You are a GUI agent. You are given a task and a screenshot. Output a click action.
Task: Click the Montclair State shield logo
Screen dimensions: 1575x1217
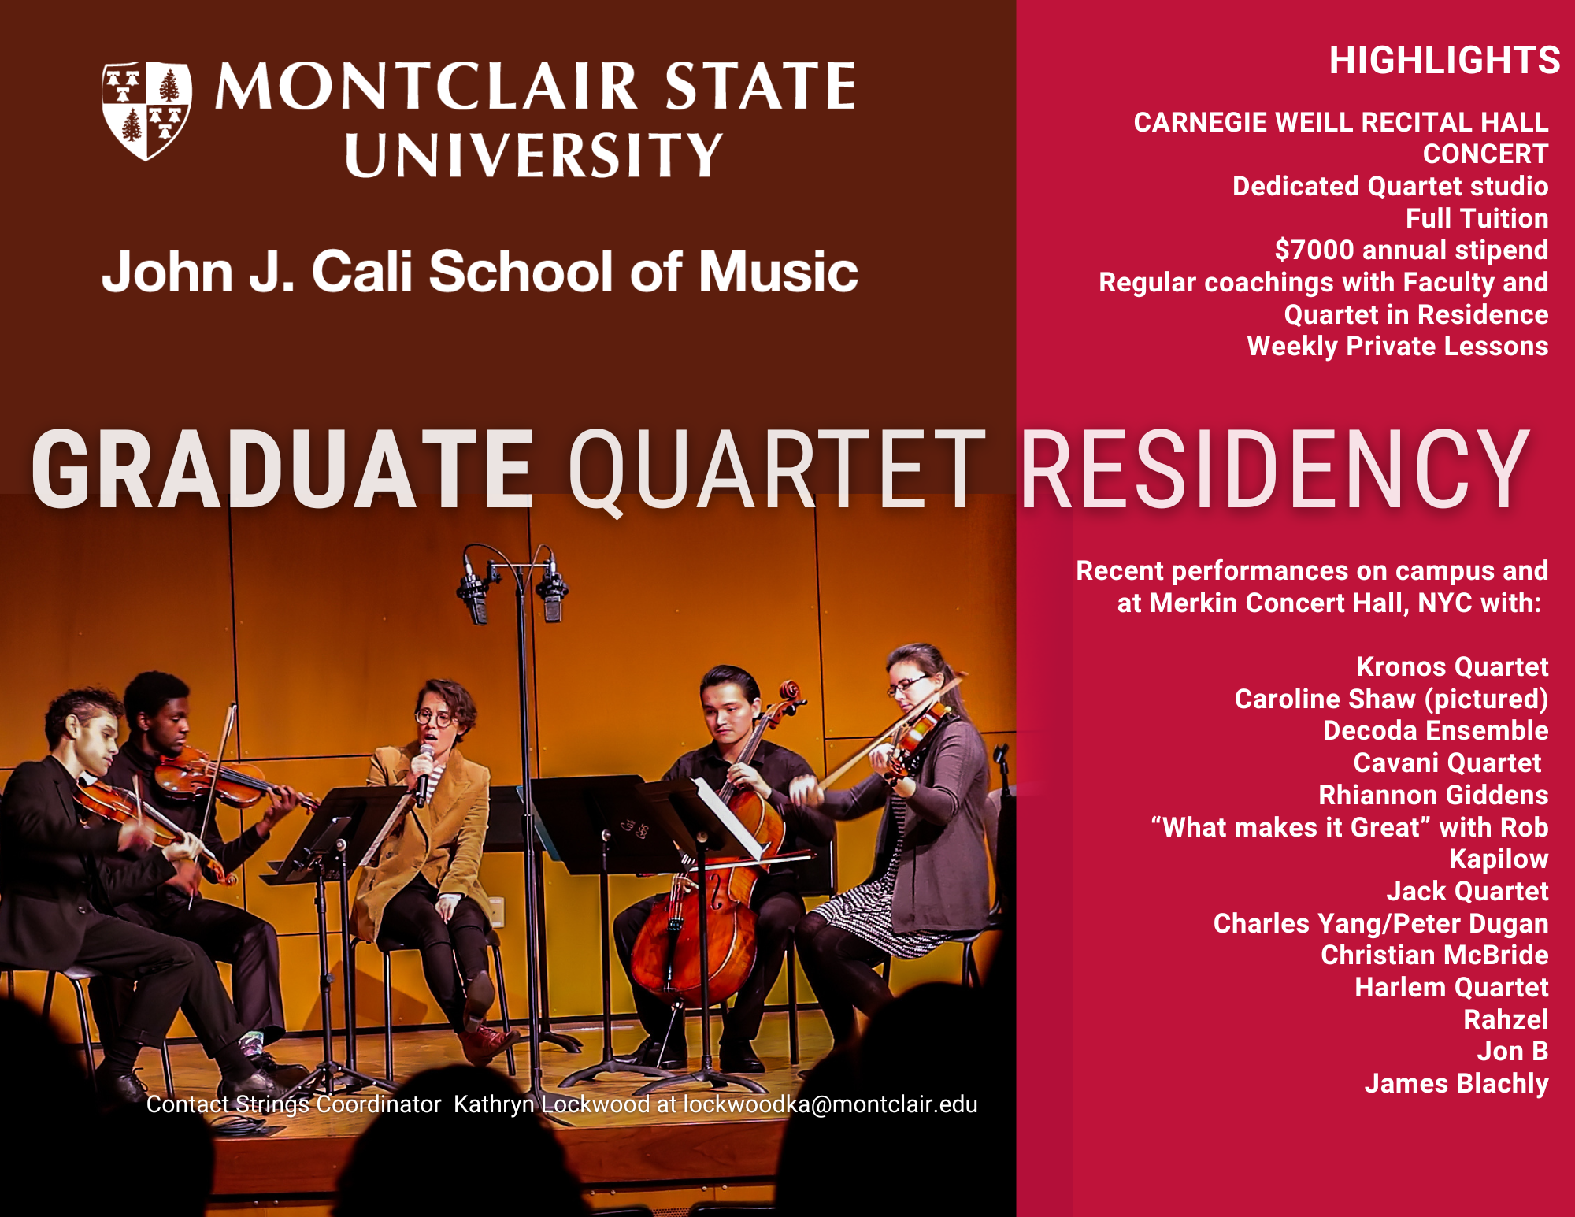pyautogui.click(x=146, y=110)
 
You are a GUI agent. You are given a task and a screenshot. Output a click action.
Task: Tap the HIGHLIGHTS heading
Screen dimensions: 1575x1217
pyautogui.click(x=1444, y=61)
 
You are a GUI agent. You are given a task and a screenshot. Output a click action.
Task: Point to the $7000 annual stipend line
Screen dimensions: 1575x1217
pyautogui.click(x=1411, y=250)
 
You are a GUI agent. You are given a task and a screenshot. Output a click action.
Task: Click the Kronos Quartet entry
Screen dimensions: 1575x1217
pyautogui.click(x=1452, y=666)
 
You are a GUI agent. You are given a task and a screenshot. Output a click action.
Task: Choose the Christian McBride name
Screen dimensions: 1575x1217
pyautogui.click(x=1435, y=955)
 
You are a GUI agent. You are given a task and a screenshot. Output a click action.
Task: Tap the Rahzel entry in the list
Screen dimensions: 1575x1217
pyautogui.click(x=1506, y=1019)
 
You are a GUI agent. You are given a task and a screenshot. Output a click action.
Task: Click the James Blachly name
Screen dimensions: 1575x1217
pyautogui.click(x=1457, y=1083)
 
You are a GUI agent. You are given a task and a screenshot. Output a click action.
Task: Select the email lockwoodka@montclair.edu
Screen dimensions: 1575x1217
pyautogui.click(x=830, y=1104)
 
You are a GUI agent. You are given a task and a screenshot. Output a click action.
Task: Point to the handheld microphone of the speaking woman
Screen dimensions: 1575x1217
pyautogui.click(x=424, y=772)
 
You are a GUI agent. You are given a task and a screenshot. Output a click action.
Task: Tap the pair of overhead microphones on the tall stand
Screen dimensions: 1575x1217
pyautogui.click(x=512, y=587)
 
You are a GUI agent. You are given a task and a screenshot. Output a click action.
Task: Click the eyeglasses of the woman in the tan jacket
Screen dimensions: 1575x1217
pyautogui.click(x=435, y=718)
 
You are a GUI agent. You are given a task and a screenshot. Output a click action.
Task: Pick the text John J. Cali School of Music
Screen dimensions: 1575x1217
pyautogui.click(x=480, y=272)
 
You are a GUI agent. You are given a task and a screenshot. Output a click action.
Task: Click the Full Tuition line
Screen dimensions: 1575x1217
pyautogui.click(x=1477, y=218)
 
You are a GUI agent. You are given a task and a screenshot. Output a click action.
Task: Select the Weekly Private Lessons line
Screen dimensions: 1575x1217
pyautogui.click(x=1398, y=347)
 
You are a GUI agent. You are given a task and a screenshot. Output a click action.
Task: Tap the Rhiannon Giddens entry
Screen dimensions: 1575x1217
pyautogui.click(x=1433, y=795)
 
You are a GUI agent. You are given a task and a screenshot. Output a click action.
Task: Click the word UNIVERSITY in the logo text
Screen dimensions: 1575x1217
pyautogui.click(x=534, y=154)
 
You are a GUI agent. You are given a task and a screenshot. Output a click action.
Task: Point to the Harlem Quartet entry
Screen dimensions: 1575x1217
pyautogui.click(x=1451, y=987)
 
